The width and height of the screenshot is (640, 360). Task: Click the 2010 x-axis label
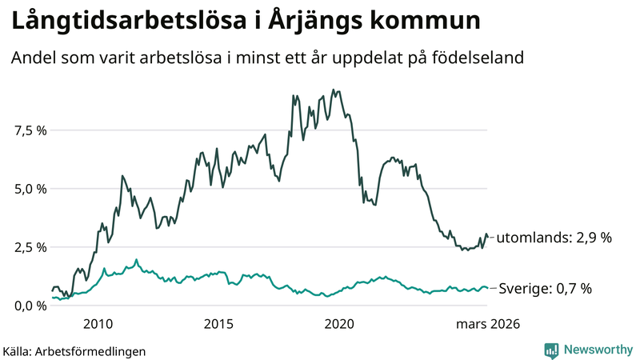click(98, 324)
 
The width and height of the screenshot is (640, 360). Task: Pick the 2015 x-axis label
click(218, 324)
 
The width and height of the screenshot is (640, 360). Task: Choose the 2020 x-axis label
click(340, 324)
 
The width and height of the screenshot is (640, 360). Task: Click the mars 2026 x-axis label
click(488, 324)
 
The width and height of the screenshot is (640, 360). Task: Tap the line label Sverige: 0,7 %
click(546, 288)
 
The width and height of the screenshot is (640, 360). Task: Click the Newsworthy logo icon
click(551, 350)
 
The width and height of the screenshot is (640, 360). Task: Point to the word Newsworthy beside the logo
click(597, 350)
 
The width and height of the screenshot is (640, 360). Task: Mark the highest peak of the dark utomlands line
click(332, 90)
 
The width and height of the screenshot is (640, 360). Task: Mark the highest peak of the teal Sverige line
click(136, 259)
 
